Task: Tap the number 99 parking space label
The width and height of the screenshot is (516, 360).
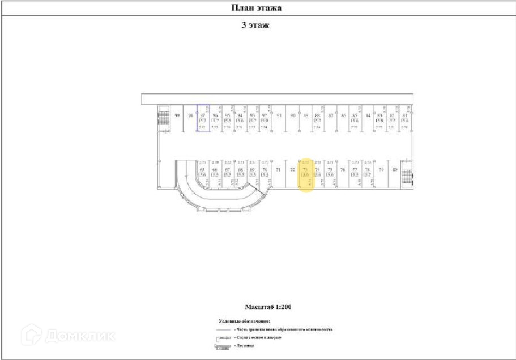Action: pos(177,115)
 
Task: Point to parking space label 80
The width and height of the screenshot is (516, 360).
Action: pos(395,169)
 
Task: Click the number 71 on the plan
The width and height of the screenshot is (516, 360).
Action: pos(278,169)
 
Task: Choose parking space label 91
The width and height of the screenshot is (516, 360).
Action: pos(279,115)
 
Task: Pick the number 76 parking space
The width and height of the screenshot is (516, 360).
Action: pos(343,169)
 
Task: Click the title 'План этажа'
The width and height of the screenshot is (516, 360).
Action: pos(256,8)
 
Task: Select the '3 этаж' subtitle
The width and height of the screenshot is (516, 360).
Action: pos(255,25)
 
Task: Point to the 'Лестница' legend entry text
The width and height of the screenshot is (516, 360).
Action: pos(245,345)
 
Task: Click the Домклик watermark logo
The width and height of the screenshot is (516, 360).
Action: pos(68,335)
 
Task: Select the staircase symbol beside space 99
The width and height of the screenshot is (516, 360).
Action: pos(164,119)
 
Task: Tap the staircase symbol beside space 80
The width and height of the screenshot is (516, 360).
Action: pos(406,176)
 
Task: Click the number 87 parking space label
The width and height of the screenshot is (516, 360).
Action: pos(331,115)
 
